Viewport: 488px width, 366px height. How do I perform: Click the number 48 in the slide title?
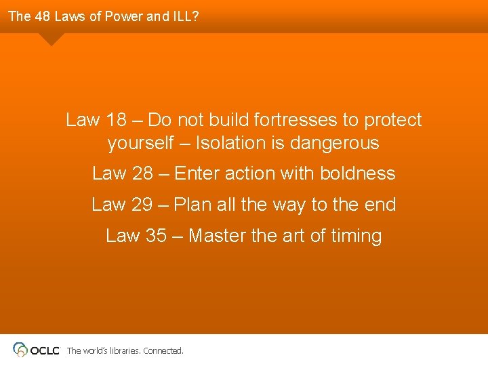click(x=42, y=16)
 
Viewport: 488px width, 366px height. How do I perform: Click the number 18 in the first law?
click(x=117, y=120)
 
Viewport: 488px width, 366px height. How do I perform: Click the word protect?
click(x=392, y=121)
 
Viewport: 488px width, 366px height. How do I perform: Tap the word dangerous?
click(x=337, y=144)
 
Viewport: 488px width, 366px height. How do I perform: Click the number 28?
click(x=143, y=174)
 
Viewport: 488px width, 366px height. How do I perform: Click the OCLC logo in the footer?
click(x=37, y=350)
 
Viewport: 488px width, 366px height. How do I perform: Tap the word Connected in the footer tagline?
click(x=163, y=351)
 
